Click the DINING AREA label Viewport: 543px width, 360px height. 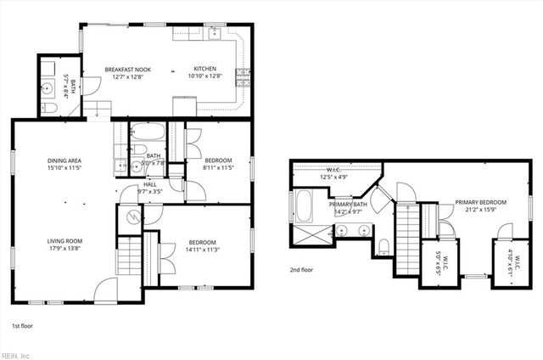(64, 160)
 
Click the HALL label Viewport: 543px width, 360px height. (149, 183)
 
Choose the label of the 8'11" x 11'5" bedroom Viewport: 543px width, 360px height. (217, 160)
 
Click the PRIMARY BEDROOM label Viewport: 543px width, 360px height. (480, 202)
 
